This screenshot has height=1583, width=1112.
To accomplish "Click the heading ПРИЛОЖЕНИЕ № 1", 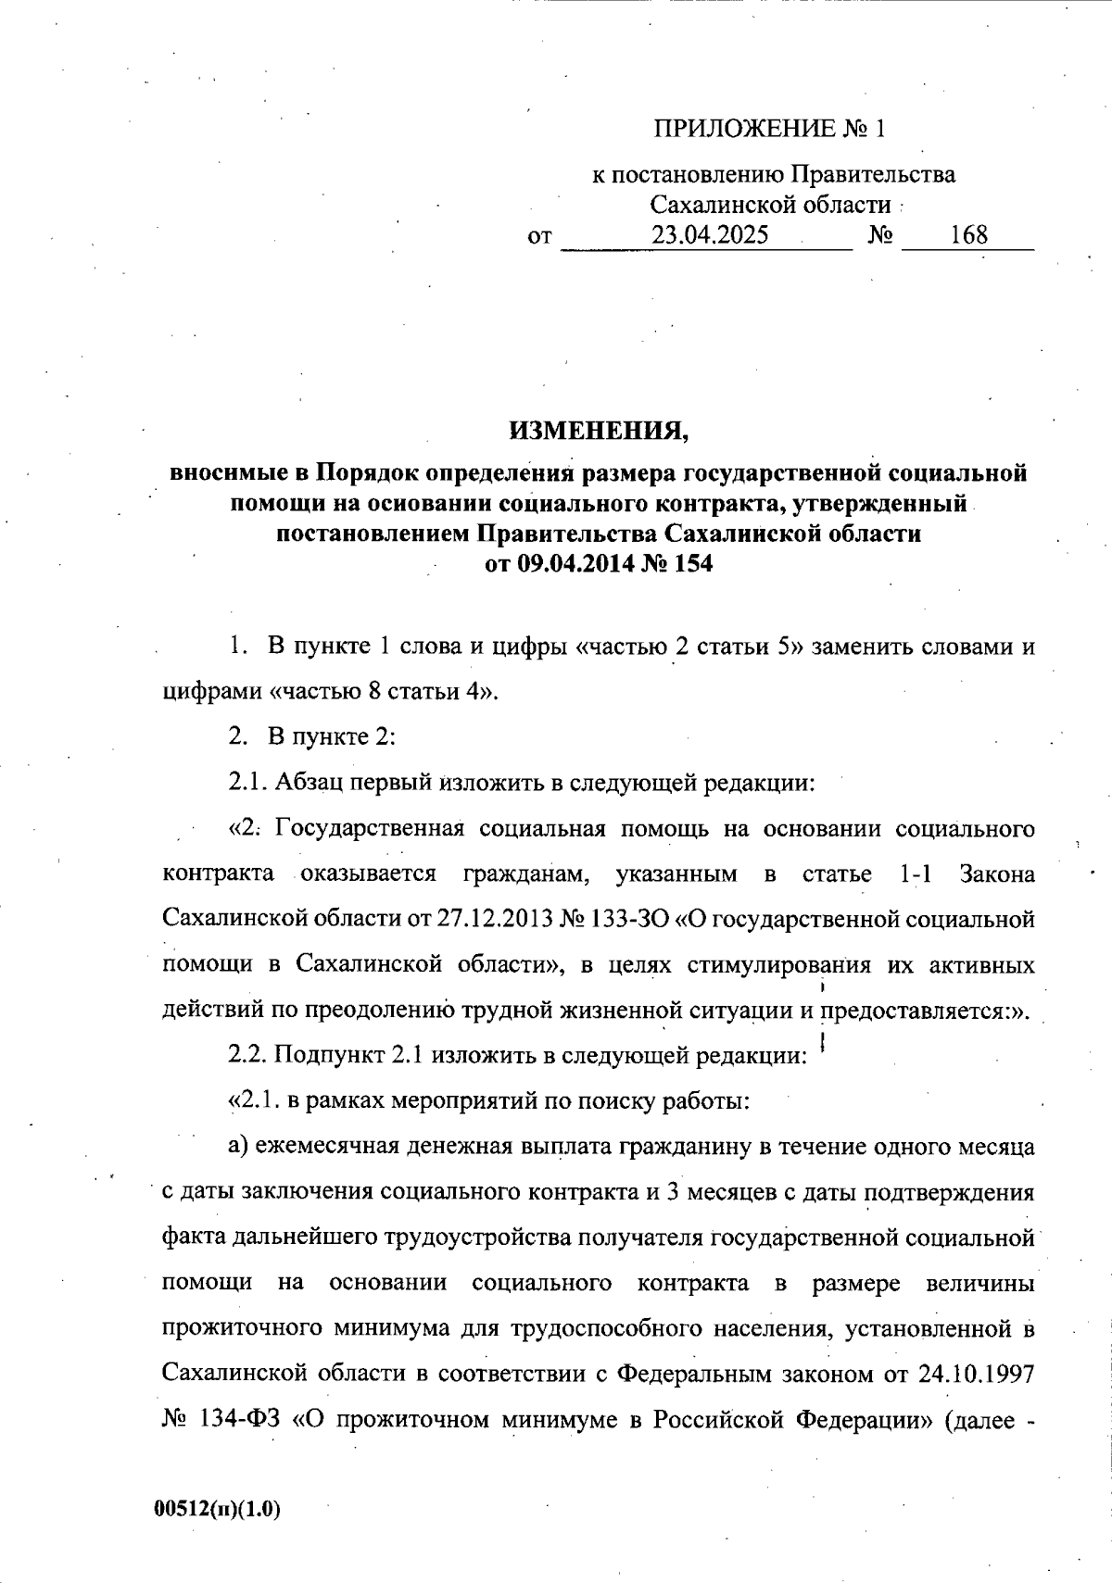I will point(770,129).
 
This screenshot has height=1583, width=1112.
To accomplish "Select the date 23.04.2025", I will point(710,234).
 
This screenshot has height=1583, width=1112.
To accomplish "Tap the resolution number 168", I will point(968,234).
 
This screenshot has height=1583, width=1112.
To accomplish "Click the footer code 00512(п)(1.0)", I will point(218,1509).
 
